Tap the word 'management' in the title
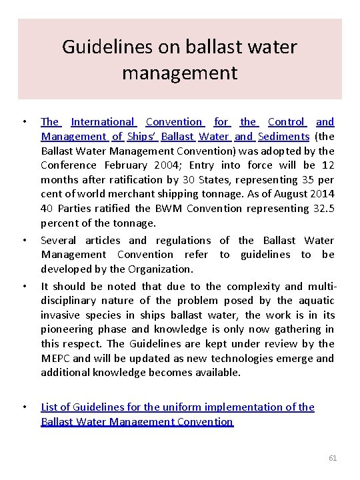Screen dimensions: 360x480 (180, 72)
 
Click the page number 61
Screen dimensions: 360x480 (333, 459)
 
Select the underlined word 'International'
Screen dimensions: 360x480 (103, 122)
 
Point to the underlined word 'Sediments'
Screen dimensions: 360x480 (283, 137)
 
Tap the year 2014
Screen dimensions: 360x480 (321, 194)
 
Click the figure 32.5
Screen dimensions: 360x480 (324, 209)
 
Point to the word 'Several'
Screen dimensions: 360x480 (58, 240)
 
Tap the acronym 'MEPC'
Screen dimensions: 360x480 (55, 358)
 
